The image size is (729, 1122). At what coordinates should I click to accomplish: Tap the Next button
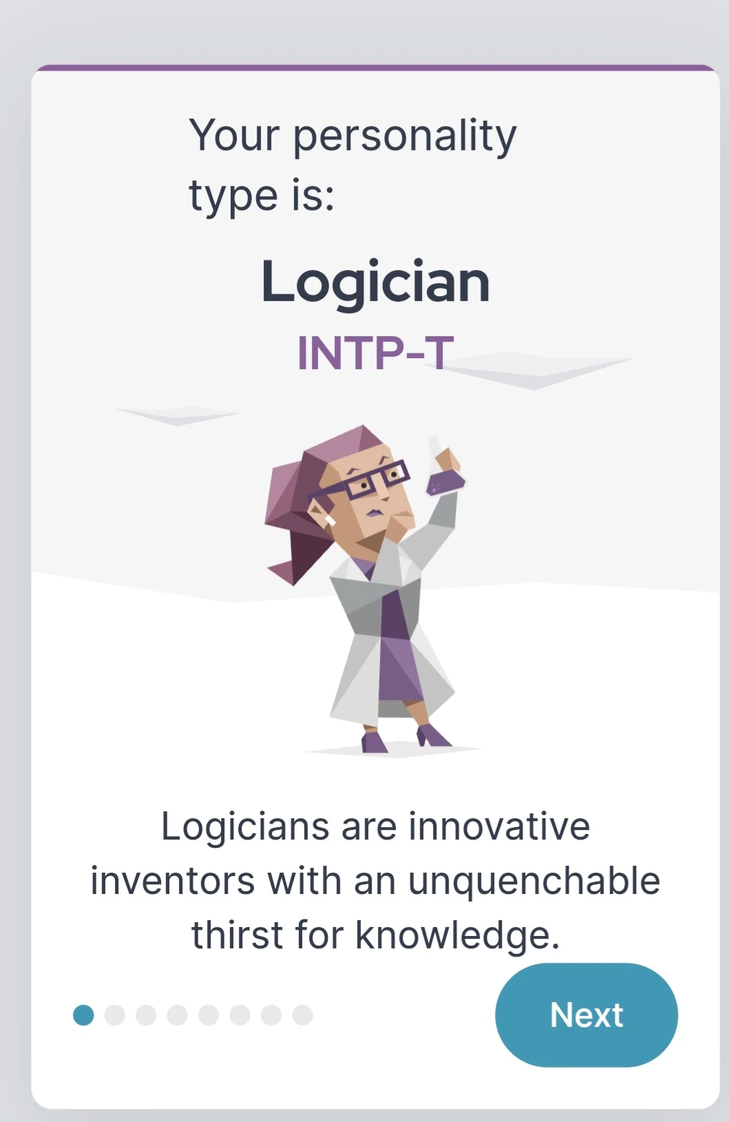[x=586, y=1015]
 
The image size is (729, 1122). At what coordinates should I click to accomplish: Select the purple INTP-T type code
[x=375, y=353]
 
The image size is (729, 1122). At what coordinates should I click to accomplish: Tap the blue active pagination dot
[x=83, y=1015]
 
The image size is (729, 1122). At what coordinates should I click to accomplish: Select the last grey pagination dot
[x=302, y=1015]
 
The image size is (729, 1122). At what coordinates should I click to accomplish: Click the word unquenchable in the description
[x=533, y=881]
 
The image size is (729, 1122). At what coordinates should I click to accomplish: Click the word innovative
[x=499, y=826]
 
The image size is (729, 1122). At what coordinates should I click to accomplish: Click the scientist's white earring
[x=329, y=518]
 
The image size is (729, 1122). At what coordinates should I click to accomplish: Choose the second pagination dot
[x=114, y=1015]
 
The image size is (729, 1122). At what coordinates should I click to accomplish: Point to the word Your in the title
[x=233, y=135]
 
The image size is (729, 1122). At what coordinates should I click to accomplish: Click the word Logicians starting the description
[x=244, y=826]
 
